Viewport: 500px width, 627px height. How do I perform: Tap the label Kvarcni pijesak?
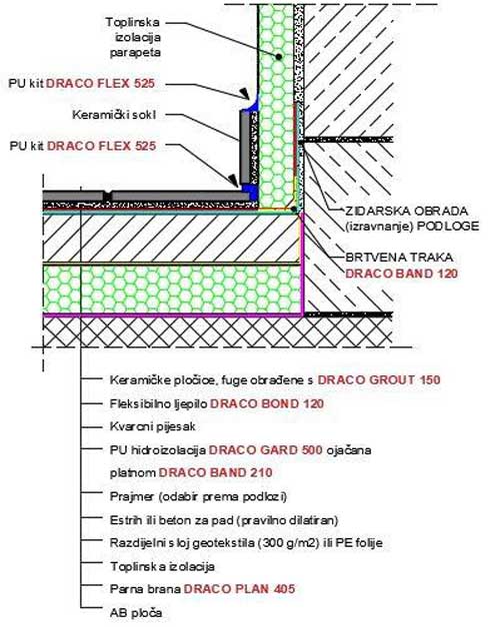pos(151,426)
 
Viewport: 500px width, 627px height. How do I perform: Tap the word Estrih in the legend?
pos(126,519)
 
